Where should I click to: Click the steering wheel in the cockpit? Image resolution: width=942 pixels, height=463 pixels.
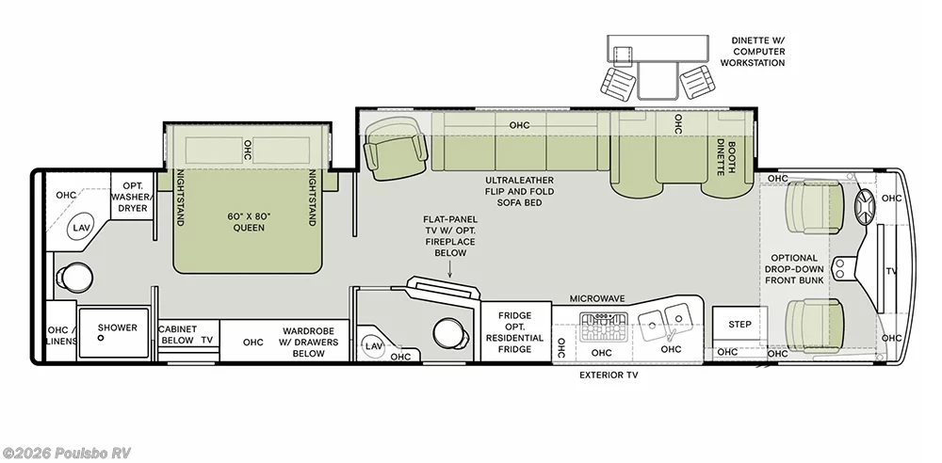coord(866,208)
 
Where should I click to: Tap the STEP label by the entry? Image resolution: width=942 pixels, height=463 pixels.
coord(739,325)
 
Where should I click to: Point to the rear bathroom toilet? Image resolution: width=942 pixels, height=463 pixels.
coord(73,277)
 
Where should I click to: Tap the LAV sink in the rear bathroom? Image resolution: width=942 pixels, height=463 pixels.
coord(81,228)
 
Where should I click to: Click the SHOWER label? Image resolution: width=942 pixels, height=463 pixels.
coord(118,327)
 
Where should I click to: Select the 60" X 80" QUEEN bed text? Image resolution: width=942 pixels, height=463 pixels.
coord(248,221)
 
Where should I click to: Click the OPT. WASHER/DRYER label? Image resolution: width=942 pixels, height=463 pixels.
coord(132,197)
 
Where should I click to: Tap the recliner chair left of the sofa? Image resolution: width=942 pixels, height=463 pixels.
coord(396,148)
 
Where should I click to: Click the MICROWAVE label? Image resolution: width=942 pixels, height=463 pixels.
coord(597,298)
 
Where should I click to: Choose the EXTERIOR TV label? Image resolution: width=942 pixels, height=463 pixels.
coord(609,375)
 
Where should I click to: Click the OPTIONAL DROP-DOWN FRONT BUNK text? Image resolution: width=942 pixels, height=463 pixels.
coord(794,269)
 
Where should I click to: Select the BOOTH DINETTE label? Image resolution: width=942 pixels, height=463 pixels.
coord(725,158)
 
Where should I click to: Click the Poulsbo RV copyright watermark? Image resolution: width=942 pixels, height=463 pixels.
coord(66,454)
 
